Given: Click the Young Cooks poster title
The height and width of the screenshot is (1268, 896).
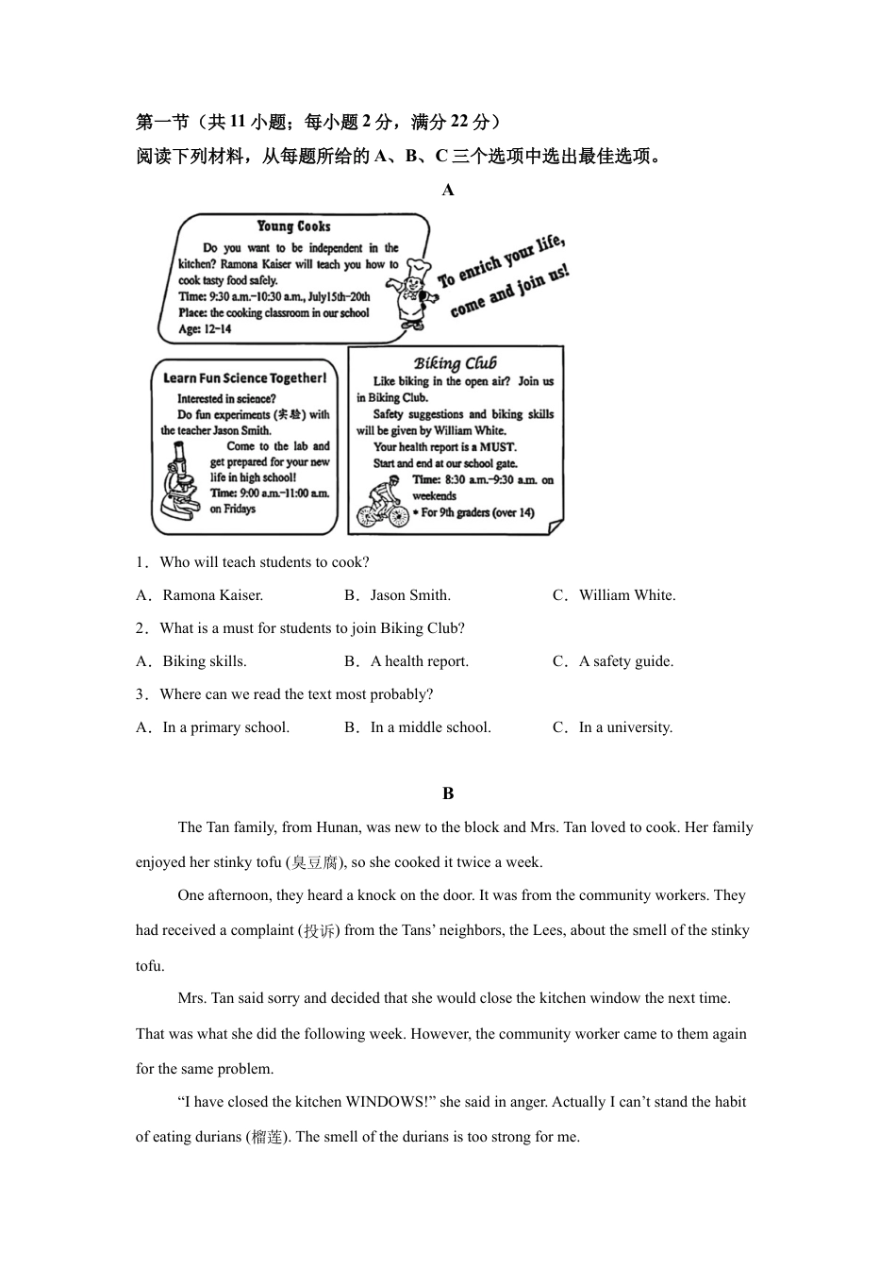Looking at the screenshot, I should (x=293, y=226).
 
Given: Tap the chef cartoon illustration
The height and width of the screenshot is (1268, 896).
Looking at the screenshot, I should (x=412, y=293).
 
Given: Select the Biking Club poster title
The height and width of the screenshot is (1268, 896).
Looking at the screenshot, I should (x=455, y=363).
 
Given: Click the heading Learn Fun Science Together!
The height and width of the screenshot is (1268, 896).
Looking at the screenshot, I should (x=244, y=378).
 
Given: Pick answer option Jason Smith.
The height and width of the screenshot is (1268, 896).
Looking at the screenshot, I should (x=410, y=595).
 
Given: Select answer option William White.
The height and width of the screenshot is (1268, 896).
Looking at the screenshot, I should (x=626, y=595).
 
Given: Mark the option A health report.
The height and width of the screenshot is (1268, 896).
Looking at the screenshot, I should (x=419, y=661).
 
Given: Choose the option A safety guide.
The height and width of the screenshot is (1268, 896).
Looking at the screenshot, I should (x=625, y=661).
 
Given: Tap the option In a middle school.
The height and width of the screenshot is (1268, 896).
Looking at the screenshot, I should (x=430, y=727).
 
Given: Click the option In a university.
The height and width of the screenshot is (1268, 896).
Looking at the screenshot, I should (x=624, y=727).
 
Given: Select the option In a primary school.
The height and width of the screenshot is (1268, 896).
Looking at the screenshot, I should (x=225, y=727).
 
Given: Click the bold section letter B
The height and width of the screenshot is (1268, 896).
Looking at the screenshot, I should (x=448, y=793).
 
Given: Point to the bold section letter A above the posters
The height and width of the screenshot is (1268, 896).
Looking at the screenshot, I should (x=448, y=190).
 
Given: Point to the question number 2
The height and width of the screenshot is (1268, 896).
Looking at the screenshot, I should (x=141, y=628).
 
